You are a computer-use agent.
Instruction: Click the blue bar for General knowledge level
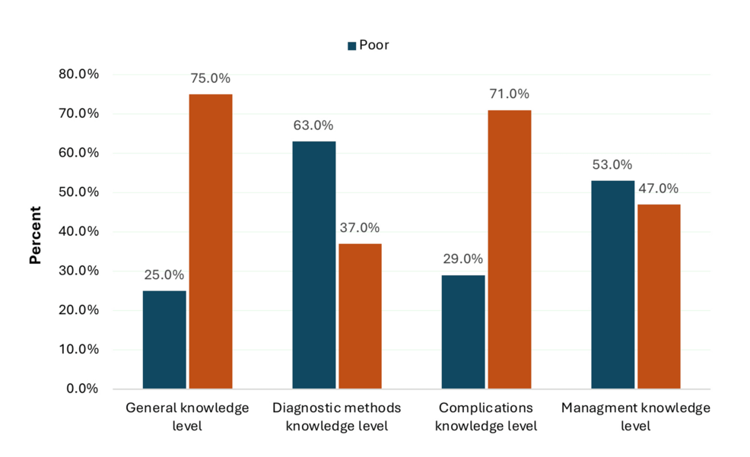click(x=164, y=339)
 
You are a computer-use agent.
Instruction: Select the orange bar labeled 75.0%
click(x=211, y=241)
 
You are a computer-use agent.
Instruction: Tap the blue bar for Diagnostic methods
click(x=313, y=265)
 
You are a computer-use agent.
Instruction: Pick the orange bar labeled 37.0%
click(x=360, y=316)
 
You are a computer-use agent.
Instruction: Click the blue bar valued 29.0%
click(x=463, y=332)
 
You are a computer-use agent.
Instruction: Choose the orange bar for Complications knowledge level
click(x=510, y=249)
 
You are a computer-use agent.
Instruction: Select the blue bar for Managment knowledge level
click(x=612, y=284)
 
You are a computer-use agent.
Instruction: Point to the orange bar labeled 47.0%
click(x=659, y=296)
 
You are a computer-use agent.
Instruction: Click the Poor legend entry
click(x=368, y=46)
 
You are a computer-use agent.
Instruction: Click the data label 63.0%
click(x=313, y=125)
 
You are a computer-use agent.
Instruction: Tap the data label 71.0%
click(x=510, y=94)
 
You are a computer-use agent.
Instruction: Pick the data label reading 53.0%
click(x=612, y=165)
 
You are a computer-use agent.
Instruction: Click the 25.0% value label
click(x=164, y=275)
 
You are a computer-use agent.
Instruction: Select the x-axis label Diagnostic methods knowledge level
click(x=337, y=417)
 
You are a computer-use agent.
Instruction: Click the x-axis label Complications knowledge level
click(x=486, y=417)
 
